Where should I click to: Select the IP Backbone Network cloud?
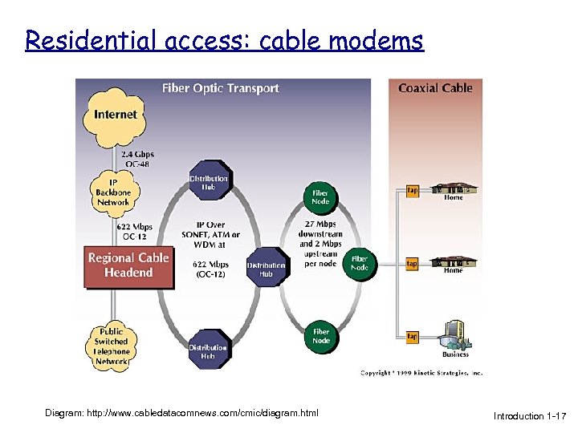click(x=113, y=191)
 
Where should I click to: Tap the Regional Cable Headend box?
click(x=128, y=265)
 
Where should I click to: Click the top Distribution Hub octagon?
click(x=209, y=184)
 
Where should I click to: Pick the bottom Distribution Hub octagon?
click(x=208, y=351)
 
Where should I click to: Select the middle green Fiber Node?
click(x=359, y=264)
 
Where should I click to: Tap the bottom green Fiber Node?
click(x=320, y=336)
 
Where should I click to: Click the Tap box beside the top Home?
click(x=411, y=191)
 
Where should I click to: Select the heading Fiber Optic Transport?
click(x=221, y=88)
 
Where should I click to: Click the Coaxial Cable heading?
click(x=435, y=88)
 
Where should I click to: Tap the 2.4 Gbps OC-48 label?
click(x=138, y=159)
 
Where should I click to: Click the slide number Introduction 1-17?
click(x=530, y=416)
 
